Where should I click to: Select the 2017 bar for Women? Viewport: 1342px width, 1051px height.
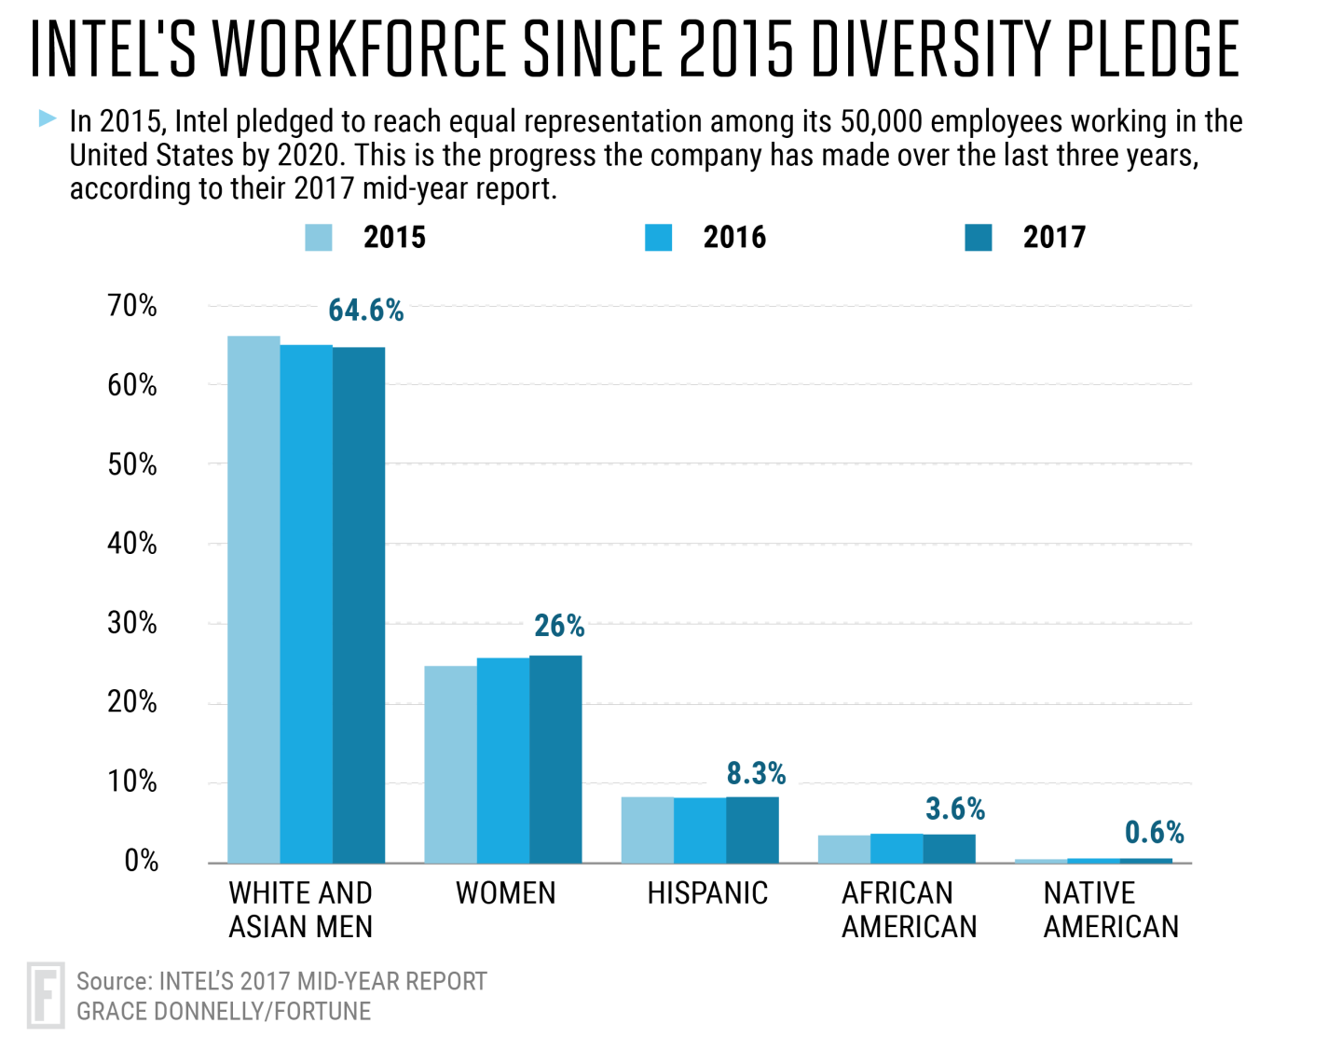coord(555,759)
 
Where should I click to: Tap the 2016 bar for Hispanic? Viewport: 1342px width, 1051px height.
coord(700,830)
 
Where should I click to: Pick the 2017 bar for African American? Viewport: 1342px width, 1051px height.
coord(949,849)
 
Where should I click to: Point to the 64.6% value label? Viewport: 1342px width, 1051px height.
coord(365,311)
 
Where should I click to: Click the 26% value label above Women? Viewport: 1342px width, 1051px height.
coord(559,626)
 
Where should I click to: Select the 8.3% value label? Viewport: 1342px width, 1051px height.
coord(756,773)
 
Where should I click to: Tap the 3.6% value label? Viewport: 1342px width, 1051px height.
coord(954,809)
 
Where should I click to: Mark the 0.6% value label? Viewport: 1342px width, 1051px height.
coord(1154,832)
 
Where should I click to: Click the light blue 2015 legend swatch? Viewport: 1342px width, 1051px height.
coord(319,238)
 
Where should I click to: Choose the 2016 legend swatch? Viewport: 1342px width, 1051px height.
coord(658,238)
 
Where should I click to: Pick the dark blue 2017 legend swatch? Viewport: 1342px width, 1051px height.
coord(978,238)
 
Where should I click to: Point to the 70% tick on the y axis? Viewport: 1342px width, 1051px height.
coord(132,306)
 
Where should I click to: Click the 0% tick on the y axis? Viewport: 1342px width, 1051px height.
coord(141,861)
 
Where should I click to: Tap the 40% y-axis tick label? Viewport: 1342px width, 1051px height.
coord(132,544)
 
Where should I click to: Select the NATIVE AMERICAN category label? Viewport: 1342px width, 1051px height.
coord(1111,910)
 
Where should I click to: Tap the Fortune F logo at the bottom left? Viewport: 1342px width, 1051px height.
coord(45,995)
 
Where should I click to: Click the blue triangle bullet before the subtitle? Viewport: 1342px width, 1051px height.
coord(48,118)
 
